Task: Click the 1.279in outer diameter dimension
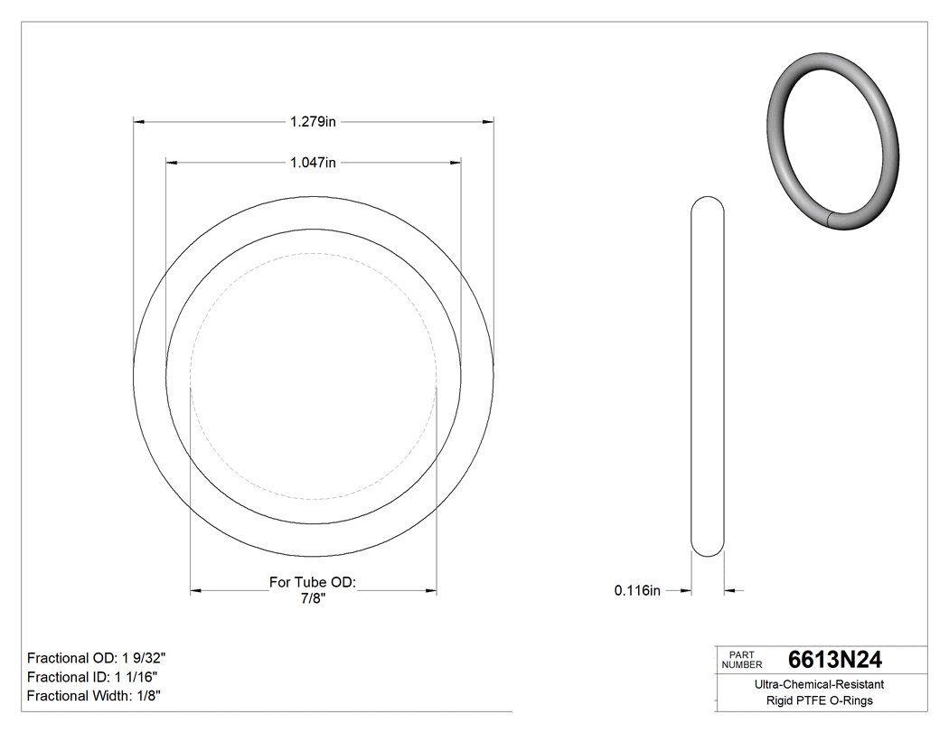pos(313,121)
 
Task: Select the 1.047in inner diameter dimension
pos(313,163)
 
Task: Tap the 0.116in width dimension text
pos(637,591)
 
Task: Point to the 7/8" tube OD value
pos(313,597)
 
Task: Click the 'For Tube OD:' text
pos(313,582)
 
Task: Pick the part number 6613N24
pos(835,660)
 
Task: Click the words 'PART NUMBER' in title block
pos(742,660)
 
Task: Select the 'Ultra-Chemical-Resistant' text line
pos(819,685)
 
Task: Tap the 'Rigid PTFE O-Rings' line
pos(819,700)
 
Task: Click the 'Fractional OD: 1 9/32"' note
pos(97,658)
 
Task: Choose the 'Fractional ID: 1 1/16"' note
pos(95,677)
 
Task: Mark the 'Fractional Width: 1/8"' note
pos(94,696)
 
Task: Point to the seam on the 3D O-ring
pos(831,220)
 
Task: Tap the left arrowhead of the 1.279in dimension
pos(139,121)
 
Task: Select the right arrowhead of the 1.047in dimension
pos(456,163)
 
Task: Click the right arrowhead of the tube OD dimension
pos(431,591)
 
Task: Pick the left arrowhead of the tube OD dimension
pos(195,591)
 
